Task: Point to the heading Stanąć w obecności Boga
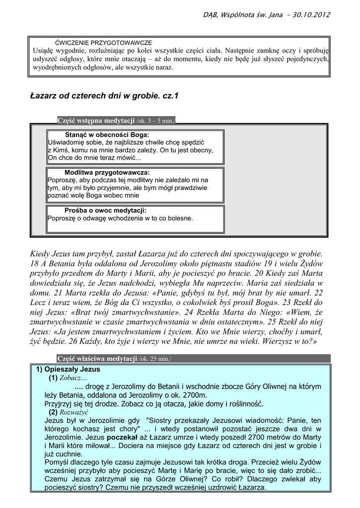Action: [x=107, y=134]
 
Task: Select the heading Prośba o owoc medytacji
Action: [x=105, y=210]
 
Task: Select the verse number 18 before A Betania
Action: [x=34, y=264]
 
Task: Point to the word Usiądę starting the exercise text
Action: [x=45, y=51]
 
